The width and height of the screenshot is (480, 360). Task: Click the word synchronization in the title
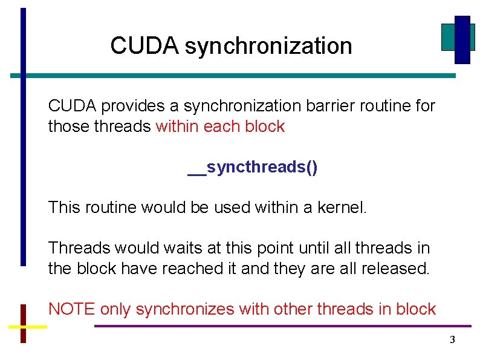pyautogui.click(x=268, y=47)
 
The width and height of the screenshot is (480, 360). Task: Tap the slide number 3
pyautogui.click(x=452, y=340)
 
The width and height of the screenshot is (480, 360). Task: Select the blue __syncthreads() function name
pyautogui.click(x=252, y=167)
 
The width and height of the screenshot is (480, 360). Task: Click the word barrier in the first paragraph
pyautogui.click(x=328, y=106)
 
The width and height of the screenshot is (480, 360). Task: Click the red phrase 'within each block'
pyautogui.click(x=220, y=127)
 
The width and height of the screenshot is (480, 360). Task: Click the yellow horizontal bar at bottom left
pyautogui.click(x=27, y=327)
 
